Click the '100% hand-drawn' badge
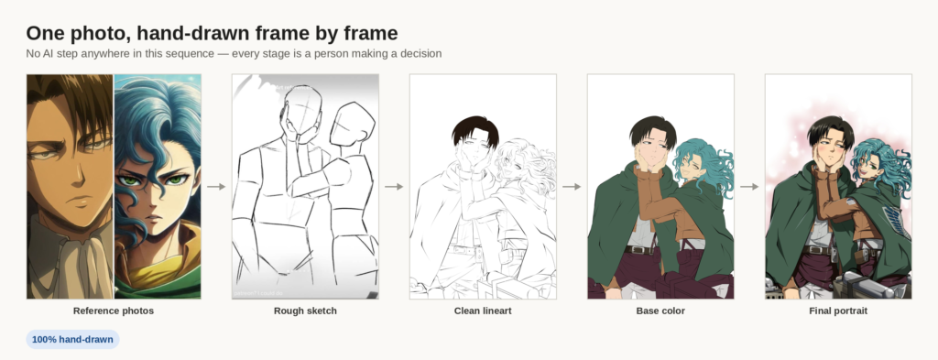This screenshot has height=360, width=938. coord(72,340)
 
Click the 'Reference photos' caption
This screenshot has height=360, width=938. coord(114,311)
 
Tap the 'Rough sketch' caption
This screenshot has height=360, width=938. coord(305,311)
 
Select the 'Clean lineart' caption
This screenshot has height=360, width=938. coord(483,311)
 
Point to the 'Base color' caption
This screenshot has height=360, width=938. coord(660,311)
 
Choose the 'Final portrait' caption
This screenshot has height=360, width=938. coord(838,311)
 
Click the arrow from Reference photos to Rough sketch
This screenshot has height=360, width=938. coord(216,187)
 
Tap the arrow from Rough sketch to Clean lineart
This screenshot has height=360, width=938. coord(394,187)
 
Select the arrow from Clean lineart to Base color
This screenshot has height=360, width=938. coord(572,187)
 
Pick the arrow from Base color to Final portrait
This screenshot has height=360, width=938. coord(749,187)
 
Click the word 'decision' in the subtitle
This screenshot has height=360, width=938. coord(420,54)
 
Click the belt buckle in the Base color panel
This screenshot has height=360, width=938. coord(638,250)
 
